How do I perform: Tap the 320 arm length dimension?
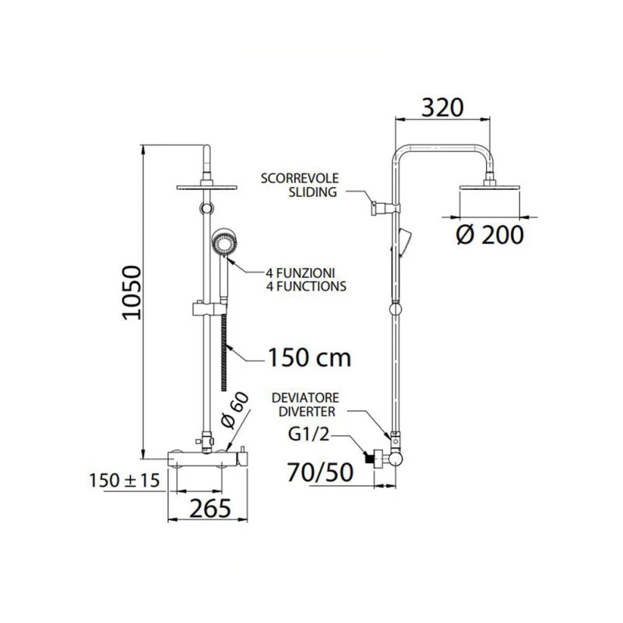pos(442,107)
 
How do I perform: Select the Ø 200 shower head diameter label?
pos(490,235)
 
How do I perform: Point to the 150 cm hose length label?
pos(309,357)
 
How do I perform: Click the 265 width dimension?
pos(210,509)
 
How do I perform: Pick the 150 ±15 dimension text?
pos(125,480)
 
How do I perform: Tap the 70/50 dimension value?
pos(320,473)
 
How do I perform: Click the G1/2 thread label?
pos(308,435)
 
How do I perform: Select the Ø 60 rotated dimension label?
pos(235,410)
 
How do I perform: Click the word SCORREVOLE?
pos(300,178)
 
